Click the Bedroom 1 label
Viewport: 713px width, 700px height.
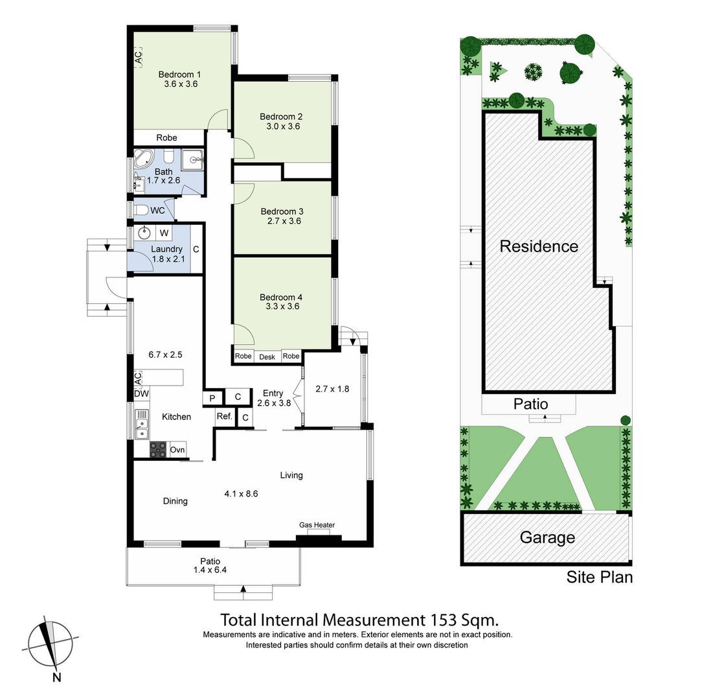tap(179, 74)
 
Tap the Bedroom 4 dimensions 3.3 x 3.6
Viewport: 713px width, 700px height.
tap(282, 307)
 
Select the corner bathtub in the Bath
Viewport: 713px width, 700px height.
tap(144, 159)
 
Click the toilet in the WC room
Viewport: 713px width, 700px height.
tap(142, 210)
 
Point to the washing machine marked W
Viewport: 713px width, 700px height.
tap(164, 233)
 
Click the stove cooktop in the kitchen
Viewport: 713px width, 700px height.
tap(158, 450)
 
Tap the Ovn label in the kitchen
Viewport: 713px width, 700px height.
tap(177, 450)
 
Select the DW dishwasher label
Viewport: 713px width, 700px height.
tap(141, 393)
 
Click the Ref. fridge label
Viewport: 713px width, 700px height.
tap(224, 416)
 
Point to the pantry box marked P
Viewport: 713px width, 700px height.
tap(212, 398)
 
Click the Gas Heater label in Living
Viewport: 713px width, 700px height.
tap(317, 525)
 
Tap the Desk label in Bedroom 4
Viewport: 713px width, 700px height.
tap(267, 357)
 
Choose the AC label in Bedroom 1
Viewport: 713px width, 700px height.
tap(138, 57)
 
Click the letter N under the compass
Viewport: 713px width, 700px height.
tap(56, 677)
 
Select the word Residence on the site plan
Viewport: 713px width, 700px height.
tap(539, 246)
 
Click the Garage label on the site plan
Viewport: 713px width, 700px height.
tap(547, 537)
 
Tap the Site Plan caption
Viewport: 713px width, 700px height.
tap(599, 577)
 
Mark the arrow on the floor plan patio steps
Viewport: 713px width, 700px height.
tap(243, 589)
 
